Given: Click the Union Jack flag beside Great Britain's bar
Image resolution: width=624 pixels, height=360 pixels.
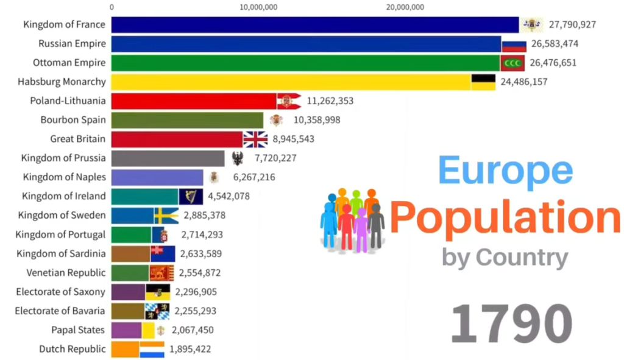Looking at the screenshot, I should click(x=255, y=139).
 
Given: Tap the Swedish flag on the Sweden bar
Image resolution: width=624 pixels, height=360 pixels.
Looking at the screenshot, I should click(x=166, y=215).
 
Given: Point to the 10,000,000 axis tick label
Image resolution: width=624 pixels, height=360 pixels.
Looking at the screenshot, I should click(x=259, y=7).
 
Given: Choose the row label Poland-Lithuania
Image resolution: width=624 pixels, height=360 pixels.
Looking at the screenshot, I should click(x=68, y=101).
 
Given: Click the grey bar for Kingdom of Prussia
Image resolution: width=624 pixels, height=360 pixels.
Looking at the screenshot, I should click(x=168, y=158).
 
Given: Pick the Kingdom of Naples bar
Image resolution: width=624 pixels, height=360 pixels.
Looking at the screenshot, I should click(x=157, y=177).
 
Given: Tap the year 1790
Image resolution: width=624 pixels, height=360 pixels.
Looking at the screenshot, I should click(x=511, y=323).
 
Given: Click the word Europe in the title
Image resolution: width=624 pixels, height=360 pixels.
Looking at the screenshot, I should click(x=505, y=171).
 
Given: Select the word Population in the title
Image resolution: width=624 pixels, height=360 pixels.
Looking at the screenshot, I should click(x=505, y=217).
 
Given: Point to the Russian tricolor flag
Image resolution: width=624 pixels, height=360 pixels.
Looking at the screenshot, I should click(x=514, y=44).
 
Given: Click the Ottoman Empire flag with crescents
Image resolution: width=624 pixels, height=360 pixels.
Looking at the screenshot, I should click(x=512, y=63).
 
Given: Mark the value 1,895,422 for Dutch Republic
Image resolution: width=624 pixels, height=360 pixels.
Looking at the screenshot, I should click(x=190, y=349).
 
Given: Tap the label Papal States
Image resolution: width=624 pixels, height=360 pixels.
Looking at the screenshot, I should click(x=79, y=330).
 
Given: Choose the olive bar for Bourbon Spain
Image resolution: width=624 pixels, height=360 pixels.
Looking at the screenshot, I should click(x=187, y=120).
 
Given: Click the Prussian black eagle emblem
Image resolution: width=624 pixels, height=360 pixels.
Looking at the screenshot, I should click(x=238, y=158).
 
